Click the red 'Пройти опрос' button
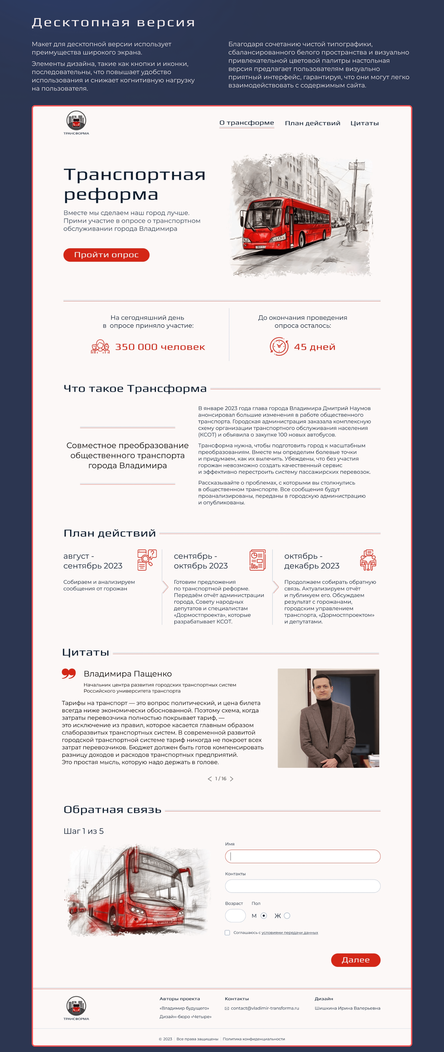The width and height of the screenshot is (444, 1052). (x=106, y=255)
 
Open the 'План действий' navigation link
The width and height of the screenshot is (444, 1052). (x=312, y=123)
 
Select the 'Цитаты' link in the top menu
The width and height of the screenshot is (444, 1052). (x=364, y=123)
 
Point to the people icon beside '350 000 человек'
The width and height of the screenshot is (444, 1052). (x=100, y=347)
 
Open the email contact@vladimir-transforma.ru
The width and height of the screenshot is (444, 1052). (x=264, y=1008)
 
